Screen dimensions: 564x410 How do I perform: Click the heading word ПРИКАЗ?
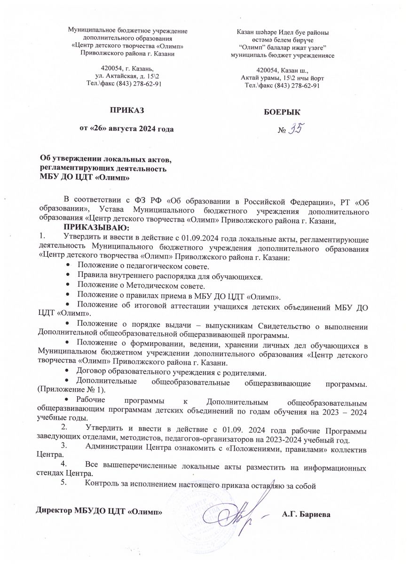coord(126,111)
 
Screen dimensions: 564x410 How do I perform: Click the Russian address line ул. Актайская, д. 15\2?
coord(127,76)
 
